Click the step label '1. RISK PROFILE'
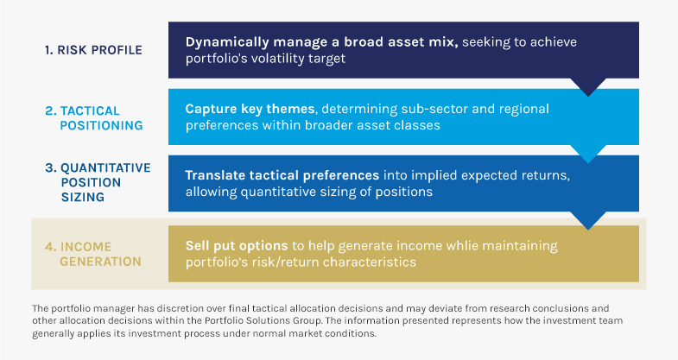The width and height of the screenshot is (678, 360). pyautogui.click(x=93, y=50)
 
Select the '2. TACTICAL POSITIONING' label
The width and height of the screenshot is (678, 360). pyautogui.click(x=94, y=118)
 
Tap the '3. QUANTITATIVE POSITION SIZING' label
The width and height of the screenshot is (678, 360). pyautogui.click(x=98, y=182)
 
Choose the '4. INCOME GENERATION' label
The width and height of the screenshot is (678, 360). pyautogui.click(x=93, y=254)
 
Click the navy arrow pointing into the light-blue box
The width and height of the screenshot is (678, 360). pyautogui.click(x=588, y=86)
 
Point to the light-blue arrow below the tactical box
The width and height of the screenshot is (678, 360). pyautogui.click(x=588, y=153)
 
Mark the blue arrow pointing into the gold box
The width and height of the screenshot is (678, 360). pyautogui.click(x=588, y=219)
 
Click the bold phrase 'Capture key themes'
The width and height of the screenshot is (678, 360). pyautogui.click(x=250, y=109)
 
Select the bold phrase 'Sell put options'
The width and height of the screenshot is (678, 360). pyautogui.click(x=237, y=246)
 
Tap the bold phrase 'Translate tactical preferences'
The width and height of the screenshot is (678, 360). pyautogui.click(x=282, y=175)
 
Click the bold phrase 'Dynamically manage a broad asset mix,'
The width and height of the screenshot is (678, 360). pyautogui.click(x=321, y=42)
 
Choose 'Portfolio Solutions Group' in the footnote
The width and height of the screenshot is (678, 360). pyautogui.click(x=263, y=320)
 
